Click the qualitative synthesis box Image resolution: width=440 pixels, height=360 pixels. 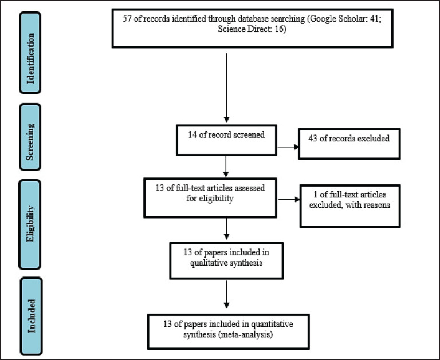coord(228,259)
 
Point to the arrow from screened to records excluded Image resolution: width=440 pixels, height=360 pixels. coord(286,147)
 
